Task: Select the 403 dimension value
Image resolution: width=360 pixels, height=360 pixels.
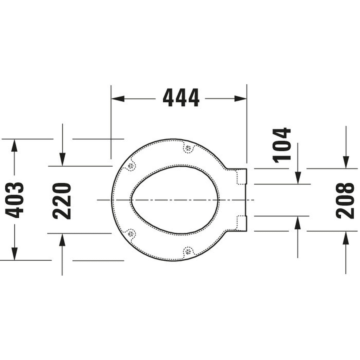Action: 14,200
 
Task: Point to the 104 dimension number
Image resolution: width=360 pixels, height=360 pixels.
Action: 282,145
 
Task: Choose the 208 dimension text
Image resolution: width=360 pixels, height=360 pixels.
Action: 346,200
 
